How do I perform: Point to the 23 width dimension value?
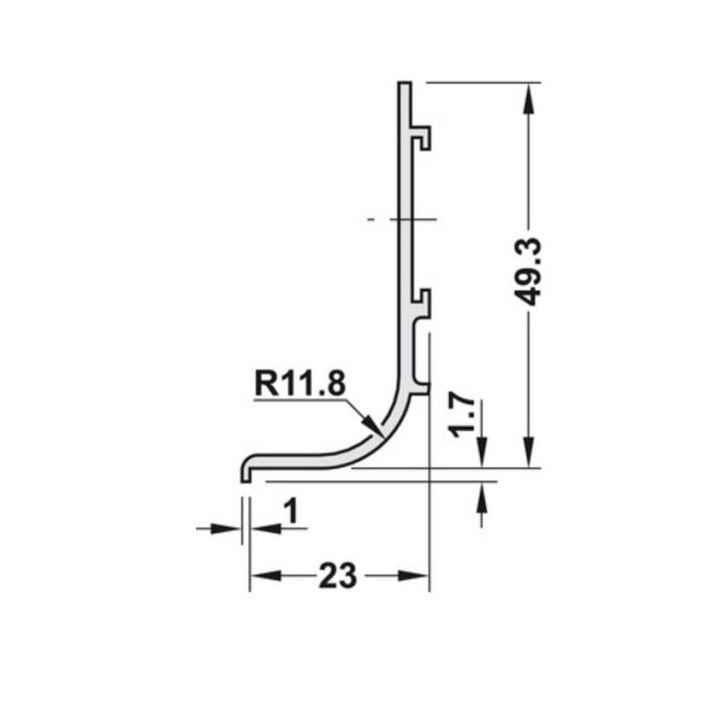coord(337,574)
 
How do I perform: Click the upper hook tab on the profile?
coord(422,136)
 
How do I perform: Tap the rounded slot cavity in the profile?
coord(419,354)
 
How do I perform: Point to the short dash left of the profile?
coord(370,217)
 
